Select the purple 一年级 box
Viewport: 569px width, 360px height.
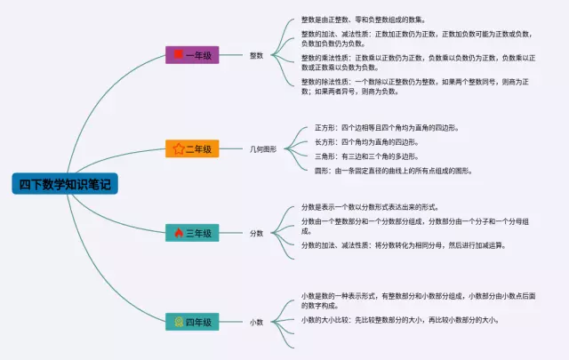point(192,55)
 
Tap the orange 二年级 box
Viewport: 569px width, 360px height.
point(192,149)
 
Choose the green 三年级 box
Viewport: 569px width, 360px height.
point(192,233)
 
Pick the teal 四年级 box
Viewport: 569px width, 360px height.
point(192,321)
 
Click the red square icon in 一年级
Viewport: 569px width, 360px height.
point(178,55)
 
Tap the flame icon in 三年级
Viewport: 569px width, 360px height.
point(178,233)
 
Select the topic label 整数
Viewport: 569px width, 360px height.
point(256,55)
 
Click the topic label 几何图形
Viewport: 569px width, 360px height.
point(263,149)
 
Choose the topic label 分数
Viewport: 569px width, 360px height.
point(256,233)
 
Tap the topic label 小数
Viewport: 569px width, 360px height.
point(256,321)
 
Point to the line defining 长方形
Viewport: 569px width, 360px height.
point(366,141)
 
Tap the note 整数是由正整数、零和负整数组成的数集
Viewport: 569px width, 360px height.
point(363,19)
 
